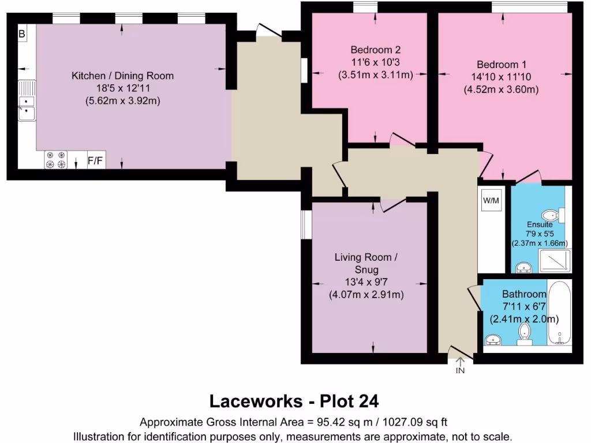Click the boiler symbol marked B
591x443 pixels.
pos(22,34)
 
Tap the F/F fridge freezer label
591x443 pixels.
pos(96,161)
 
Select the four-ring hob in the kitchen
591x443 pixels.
pos(56,160)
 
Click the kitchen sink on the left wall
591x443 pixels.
pos(26,102)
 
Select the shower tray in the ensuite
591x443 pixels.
pos(554,261)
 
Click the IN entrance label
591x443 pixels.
pos(460,370)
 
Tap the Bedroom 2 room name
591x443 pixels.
pos(376,49)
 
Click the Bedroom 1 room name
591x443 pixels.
pos(501,65)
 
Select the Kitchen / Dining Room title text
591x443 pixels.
pos(122,76)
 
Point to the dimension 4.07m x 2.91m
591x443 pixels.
pos(366,295)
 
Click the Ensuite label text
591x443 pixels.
pos(540,224)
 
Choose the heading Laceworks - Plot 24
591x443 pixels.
pos(294,400)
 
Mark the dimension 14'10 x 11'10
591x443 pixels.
pos(501,77)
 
